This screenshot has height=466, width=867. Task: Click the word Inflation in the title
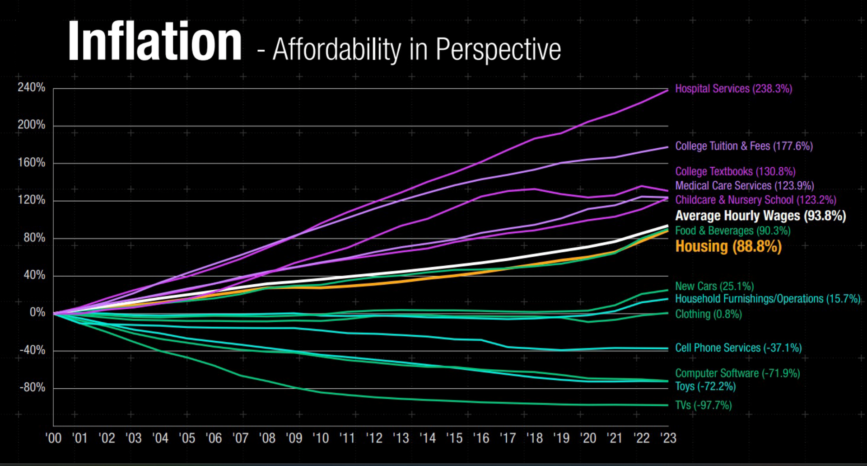[x=154, y=42]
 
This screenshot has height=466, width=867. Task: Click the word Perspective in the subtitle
[x=498, y=49]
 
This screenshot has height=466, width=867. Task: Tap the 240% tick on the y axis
[x=32, y=87]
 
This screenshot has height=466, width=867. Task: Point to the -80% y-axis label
[x=32, y=387]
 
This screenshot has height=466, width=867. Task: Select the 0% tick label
[x=37, y=312]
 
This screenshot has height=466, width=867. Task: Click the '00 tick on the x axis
[x=53, y=438]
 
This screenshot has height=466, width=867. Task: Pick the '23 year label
[x=668, y=438]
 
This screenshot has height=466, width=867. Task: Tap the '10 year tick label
[x=321, y=438]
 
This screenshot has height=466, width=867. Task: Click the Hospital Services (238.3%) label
[x=733, y=89]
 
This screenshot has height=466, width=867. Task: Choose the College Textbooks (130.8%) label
[x=735, y=171]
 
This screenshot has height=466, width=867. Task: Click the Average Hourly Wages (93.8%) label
[x=760, y=216]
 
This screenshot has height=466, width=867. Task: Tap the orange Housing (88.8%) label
[x=728, y=246]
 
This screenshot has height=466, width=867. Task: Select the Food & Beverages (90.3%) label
[x=732, y=231]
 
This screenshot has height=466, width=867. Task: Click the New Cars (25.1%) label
[x=714, y=286]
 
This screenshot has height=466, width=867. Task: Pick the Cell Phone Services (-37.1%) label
[x=738, y=348]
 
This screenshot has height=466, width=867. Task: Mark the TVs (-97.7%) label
[x=703, y=405]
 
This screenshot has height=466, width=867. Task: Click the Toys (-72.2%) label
[x=705, y=386]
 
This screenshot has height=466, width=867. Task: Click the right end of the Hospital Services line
[x=667, y=90]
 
